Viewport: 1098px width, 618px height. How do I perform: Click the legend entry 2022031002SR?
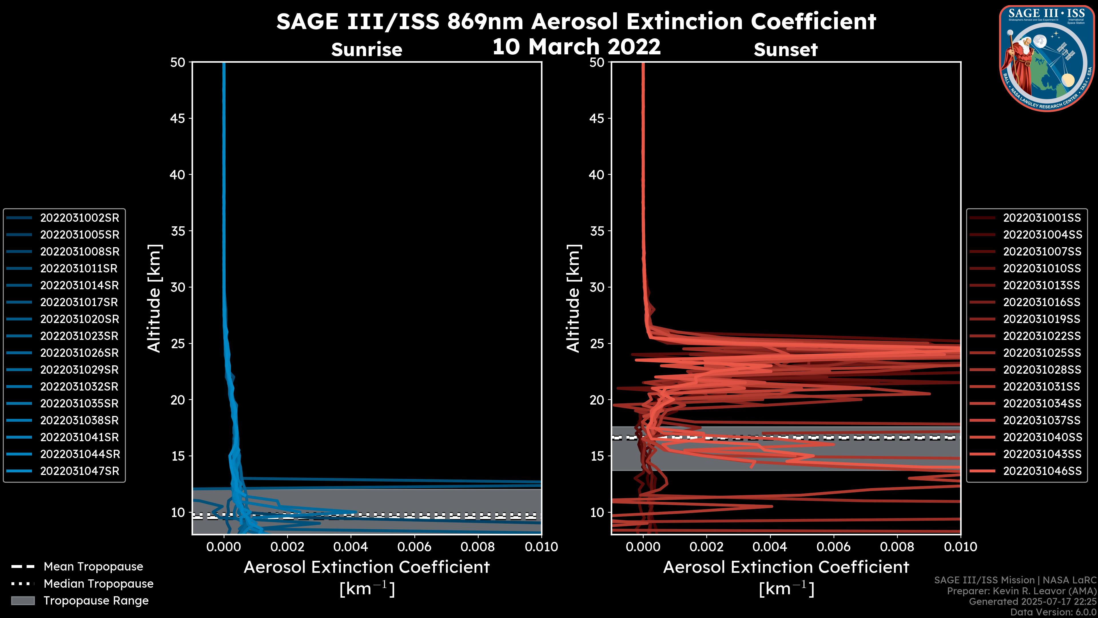coord(79,218)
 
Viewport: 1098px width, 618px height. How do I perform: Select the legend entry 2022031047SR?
coord(79,471)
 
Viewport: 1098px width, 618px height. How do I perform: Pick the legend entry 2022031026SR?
coord(79,353)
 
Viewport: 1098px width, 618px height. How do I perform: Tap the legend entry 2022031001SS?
coord(1042,218)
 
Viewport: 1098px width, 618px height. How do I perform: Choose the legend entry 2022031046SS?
coord(1042,471)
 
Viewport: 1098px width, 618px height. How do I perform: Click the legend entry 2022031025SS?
coord(1042,353)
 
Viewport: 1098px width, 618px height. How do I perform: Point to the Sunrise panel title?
coord(367,49)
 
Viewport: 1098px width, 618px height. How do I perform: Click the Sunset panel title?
coord(785,49)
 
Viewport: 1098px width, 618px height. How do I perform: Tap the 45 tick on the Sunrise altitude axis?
coord(177,118)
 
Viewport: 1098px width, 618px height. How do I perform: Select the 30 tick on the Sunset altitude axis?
coord(597,287)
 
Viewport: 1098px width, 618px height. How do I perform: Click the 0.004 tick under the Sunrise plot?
coord(350,547)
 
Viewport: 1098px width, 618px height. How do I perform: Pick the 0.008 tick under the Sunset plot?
coord(897,547)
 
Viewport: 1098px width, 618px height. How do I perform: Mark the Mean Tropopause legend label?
coord(93,567)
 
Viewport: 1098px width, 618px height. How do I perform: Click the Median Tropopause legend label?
coord(98,584)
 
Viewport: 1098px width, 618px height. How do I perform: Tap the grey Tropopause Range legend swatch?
coord(23,601)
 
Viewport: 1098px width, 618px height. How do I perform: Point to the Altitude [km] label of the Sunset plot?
coord(573,298)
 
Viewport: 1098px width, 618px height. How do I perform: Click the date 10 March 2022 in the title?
coord(576,46)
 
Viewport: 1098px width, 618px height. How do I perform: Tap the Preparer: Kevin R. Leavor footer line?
coord(1021,591)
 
